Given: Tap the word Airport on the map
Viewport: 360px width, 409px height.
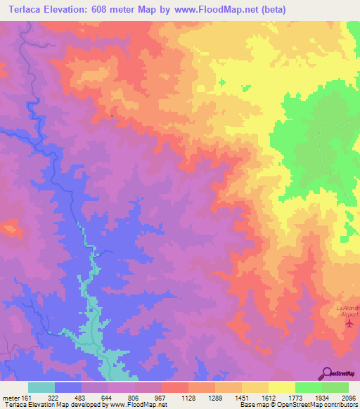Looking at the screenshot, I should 349,316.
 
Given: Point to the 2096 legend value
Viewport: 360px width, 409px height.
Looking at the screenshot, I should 349,398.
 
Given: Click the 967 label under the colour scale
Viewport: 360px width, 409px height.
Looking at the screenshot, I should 161,398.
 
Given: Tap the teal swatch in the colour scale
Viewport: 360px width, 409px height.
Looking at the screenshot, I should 41,387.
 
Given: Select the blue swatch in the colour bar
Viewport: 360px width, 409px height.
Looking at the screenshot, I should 68,387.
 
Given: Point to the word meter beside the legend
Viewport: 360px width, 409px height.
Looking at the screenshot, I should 12,398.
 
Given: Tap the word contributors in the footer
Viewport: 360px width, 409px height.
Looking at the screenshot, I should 341,405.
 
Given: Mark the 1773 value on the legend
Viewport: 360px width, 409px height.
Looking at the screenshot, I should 295,398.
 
